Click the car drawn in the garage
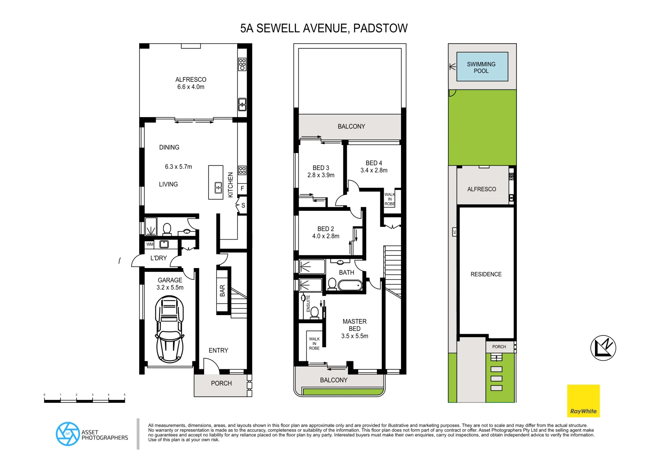click(170, 329)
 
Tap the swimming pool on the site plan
click(482, 67)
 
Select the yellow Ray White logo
click(583, 401)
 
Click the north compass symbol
click(603, 348)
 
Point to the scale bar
click(84, 400)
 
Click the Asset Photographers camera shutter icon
click(67, 434)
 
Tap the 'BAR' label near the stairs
click(222, 290)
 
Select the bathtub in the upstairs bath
click(351, 285)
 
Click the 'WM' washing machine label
click(150, 245)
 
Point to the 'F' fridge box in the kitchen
click(242, 188)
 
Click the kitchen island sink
click(218, 187)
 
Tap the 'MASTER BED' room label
click(354, 325)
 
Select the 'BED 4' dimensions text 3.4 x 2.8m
click(374, 170)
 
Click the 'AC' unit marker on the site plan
click(454, 232)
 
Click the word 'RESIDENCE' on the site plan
click(486, 274)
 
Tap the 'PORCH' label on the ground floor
click(221, 383)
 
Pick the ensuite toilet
click(314, 313)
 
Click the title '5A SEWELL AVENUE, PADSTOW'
click(324, 28)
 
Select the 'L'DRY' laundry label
click(159, 258)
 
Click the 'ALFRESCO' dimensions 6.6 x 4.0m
click(191, 87)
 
